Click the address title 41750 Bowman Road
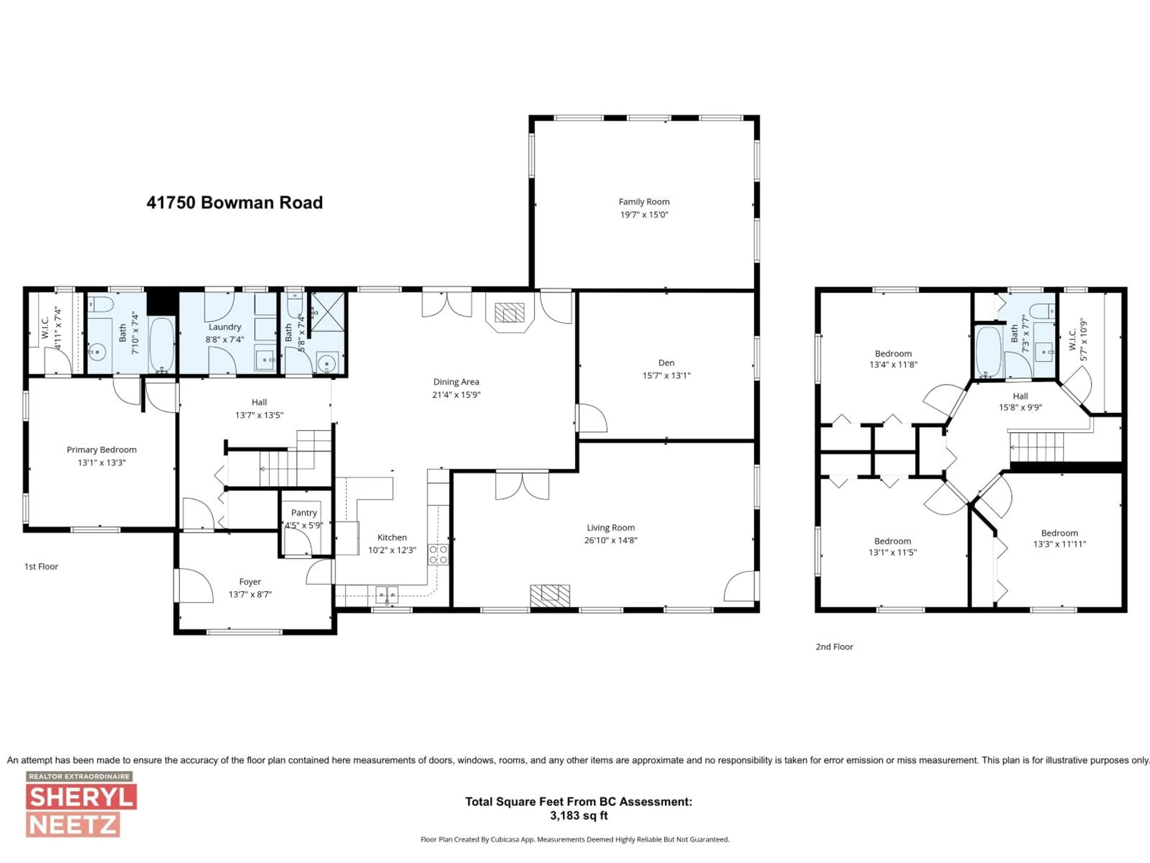pyautogui.click(x=234, y=202)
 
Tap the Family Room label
pyautogui.click(x=644, y=202)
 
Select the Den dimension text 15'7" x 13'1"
pyautogui.click(x=666, y=375)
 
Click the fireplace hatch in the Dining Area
pyautogui.click(x=509, y=313)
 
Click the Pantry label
pyautogui.click(x=304, y=513)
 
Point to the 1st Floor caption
pyautogui.click(x=41, y=566)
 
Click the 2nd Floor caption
pyautogui.click(x=834, y=647)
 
